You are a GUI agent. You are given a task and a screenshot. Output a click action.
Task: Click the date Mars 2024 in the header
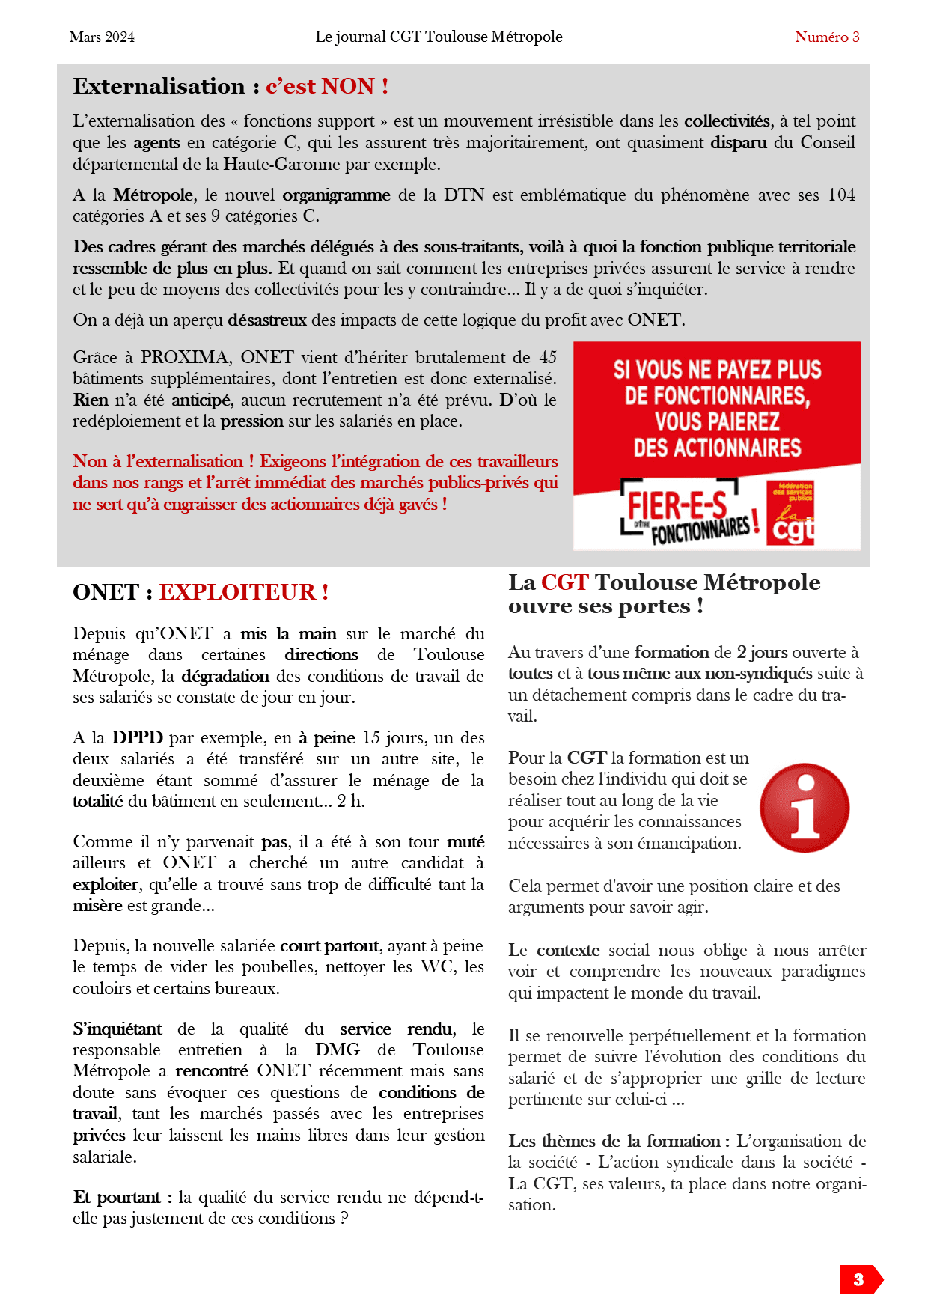coord(102,37)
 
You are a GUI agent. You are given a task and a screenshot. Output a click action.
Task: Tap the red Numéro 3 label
coord(826,37)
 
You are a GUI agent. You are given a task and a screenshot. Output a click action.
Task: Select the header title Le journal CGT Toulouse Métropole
coord(439,37)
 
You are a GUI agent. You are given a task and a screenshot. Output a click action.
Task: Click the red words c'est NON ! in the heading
coord(326,86)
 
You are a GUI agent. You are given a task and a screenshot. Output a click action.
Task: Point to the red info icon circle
coord(805,808)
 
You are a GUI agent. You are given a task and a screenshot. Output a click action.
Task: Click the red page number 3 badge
coord(859,1279)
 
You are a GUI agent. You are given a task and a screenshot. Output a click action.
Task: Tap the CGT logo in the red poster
coord(791,514)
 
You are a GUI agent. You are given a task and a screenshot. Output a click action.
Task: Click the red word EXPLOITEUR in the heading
coord(237,592)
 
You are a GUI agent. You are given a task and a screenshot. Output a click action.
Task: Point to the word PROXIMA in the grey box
coord(185,357)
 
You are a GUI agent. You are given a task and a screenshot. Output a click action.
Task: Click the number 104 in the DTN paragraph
coord(841,195)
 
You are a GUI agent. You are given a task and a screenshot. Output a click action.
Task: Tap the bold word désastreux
coord(267,320)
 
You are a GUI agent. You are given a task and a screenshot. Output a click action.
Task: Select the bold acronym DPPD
coord(137,737)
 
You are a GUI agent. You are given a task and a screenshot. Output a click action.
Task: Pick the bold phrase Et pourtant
coord(117,1197)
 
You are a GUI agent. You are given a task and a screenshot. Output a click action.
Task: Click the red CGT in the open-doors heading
coord(565,582)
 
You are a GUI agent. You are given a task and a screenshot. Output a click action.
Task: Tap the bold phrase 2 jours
coord(762,652)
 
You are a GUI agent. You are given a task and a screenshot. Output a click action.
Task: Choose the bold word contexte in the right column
coord(568,951)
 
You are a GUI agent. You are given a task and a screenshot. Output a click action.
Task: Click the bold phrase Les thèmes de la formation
coord(614,1142)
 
